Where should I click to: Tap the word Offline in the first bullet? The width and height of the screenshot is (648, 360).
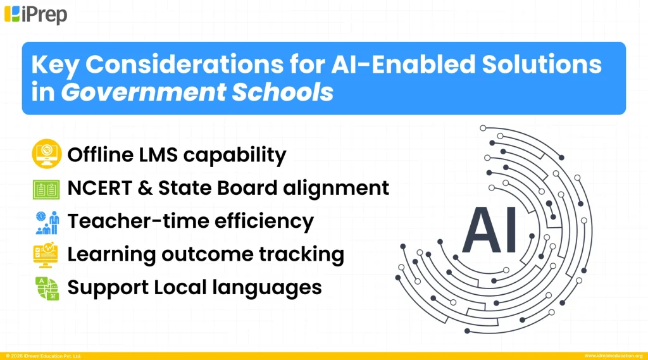coord(104,155)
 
